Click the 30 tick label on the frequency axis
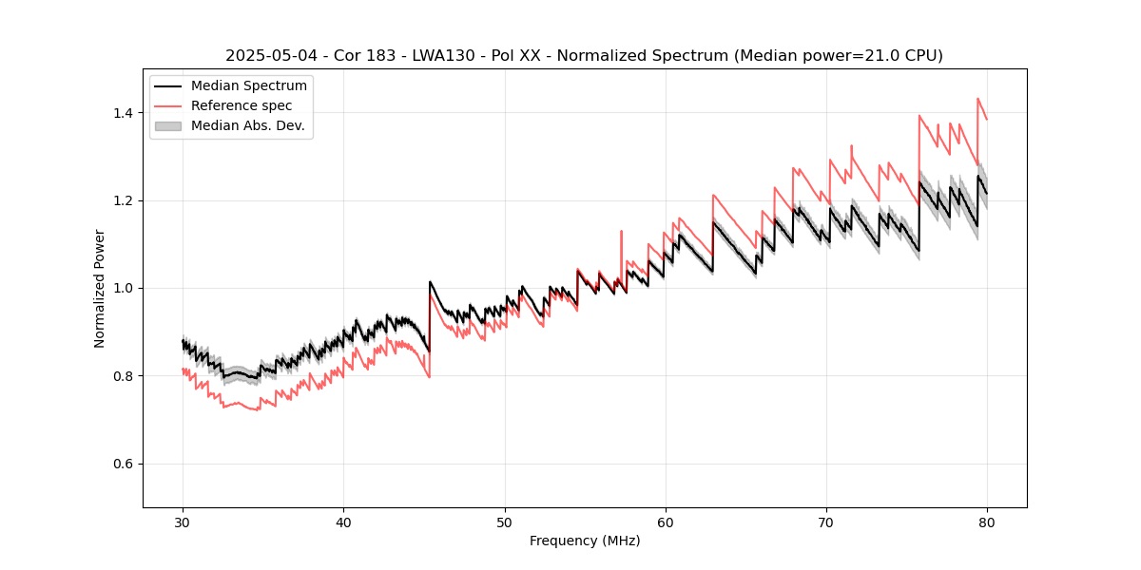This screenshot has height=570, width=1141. (184, 522)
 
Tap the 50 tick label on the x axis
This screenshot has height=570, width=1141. (505, 522)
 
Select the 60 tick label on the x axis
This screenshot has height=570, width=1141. (666, 522)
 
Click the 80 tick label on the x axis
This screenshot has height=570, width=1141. (987, 522)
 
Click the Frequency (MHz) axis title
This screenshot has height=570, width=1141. (585, 541)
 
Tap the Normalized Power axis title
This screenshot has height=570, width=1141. (100, 288)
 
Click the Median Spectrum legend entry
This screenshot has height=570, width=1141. (248, 86)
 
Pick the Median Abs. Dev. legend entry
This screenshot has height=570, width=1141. (247, 125)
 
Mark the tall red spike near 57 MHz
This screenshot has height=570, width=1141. (621, 231)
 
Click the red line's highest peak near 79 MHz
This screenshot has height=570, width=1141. (977, 98)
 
